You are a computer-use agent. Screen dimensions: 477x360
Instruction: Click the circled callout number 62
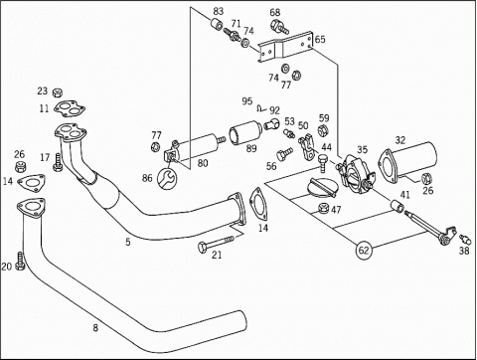click(364, 250)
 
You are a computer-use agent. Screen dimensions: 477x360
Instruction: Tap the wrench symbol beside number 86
click(167, 178)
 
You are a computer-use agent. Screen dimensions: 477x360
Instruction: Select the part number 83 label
click(219, 11)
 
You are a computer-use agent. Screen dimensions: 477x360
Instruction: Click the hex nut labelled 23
click(58, 92)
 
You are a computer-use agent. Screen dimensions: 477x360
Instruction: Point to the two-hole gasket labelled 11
click(70, 108)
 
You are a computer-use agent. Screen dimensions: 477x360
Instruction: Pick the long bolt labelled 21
click(216, 243)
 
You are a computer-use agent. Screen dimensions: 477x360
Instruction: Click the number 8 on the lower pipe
click(95, 328)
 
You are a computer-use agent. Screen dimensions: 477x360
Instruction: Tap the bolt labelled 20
click(21, 261)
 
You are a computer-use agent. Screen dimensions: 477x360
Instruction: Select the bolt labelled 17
click(58, 162)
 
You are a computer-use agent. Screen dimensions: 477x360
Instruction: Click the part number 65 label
click(320, 39)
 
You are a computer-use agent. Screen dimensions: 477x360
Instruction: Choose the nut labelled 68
click(278, 27)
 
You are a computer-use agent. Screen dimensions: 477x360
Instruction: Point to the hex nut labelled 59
click(323, 130)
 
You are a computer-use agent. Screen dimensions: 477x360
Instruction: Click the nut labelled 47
click(323, 209)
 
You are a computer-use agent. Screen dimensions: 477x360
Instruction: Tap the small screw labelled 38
click(465, 239)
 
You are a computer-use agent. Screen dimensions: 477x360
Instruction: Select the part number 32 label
click(400, 140)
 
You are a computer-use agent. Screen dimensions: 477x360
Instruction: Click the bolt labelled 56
click(284, 154)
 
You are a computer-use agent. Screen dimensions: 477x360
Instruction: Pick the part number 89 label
click(251, 148)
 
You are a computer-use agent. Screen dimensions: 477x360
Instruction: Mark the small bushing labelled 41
click(397, 206)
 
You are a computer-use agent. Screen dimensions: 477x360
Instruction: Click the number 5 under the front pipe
click(128, 242)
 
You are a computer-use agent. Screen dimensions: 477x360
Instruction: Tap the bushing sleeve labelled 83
click(217, 25)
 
